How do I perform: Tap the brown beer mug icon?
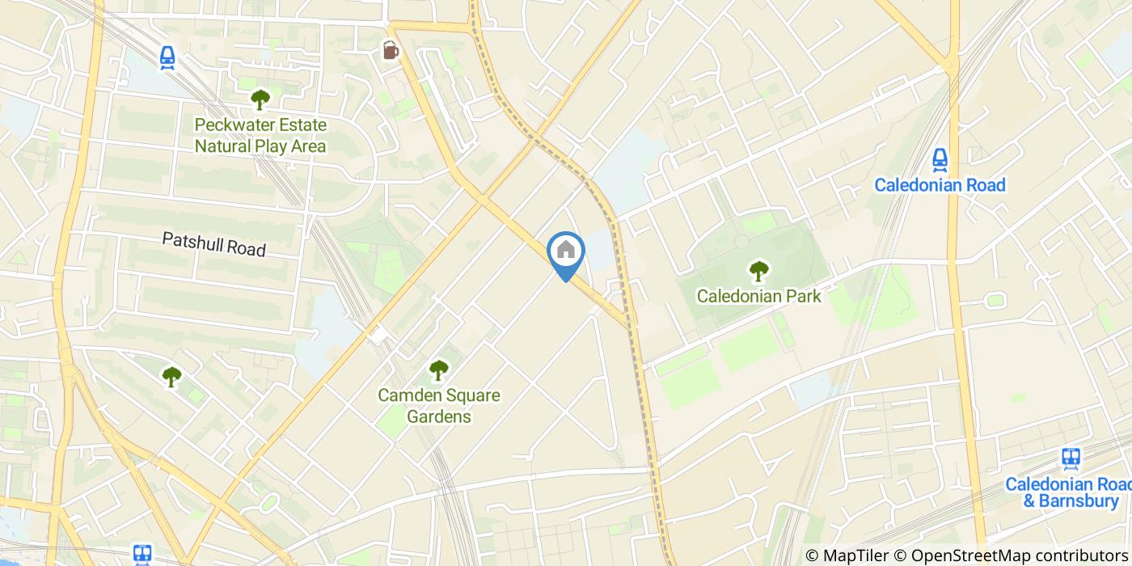pyautogui.click(x=391, y=50)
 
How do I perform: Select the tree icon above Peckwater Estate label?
pyautogui.click(x=260, y=99)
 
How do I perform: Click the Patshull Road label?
pyautogui.click(x=213, y=243)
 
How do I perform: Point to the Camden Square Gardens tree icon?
pyautogui.click(x=438, y=370)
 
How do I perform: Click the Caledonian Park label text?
pyautogui.click(x=758, y=296)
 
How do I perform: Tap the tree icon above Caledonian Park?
pyautogui.click(x=758, y=270)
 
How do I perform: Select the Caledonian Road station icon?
pyautogui.click(x=940, y=158)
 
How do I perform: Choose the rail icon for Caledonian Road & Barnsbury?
pyautogui.click(x=1071, y=458)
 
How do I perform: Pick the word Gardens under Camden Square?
pyautogui.click(x=438, y=417)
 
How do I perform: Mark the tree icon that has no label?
pyautogui.click(x=171, y=376)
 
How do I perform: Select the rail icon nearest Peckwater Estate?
pyautogui.click(x=167, y=57)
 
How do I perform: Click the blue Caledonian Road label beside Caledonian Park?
pyautogui.click(x=940, y=185)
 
